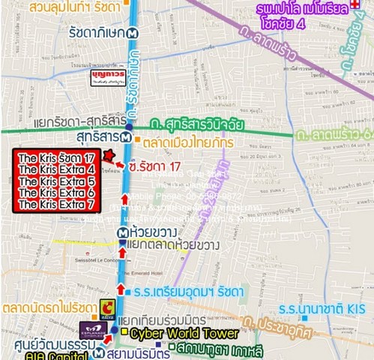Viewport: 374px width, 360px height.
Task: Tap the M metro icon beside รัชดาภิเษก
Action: tap(133, 33)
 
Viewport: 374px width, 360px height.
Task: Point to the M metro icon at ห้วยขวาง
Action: tap(121, 232)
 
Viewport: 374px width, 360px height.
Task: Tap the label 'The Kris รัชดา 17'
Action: tap(56, 158)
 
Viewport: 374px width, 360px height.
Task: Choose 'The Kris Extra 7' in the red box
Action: tap(56, 204)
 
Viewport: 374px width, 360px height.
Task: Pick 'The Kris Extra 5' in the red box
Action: tap(56, 181)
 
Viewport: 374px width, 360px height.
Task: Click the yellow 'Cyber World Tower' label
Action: tap(184, 333)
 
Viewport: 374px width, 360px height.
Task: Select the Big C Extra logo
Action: tap(109, 307)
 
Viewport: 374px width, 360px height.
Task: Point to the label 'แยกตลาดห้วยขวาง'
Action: tap(173, 246)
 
